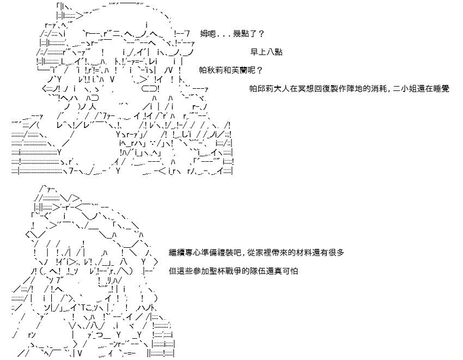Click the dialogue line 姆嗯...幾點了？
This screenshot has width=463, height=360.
232,34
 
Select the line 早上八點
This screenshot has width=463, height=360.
266,52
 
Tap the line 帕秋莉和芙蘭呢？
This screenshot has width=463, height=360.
231,70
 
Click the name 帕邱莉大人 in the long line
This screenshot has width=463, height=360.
270,89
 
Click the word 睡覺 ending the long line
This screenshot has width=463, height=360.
441,89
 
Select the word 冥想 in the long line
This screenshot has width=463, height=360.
306,89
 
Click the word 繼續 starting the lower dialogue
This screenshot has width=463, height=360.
176,253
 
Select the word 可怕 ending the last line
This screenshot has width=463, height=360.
290,271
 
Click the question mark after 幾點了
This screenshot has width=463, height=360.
261,34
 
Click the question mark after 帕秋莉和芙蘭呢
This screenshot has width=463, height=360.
259,70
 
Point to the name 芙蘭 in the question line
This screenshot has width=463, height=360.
239,70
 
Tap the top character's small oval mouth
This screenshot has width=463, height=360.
150,88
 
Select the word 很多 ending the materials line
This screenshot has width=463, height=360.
336,253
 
